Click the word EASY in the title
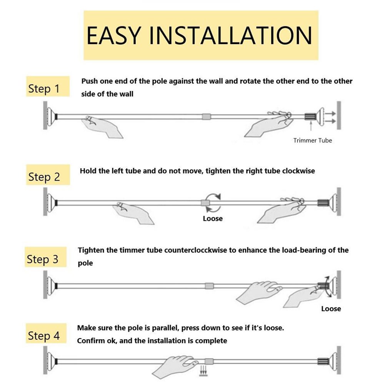pos(114,35)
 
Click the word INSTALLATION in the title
pos(230,35)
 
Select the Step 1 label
pos(44,88)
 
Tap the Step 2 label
pos(44,177)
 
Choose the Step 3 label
pos(43,259)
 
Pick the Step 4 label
pos(44,336)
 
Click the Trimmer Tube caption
pos(312,140)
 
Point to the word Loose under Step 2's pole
pos(213,218)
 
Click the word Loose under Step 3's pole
pos(331,308)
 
